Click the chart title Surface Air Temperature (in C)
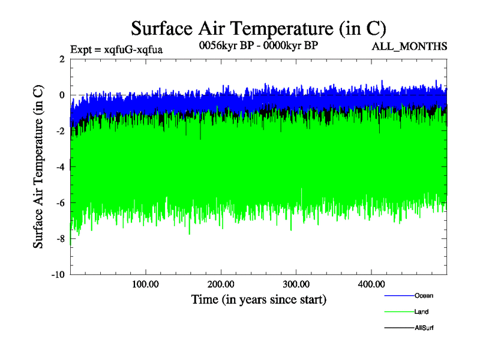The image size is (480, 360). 258,28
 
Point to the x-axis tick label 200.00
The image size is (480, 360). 221,283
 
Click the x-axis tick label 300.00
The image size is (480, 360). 296,283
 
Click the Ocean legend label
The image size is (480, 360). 424,296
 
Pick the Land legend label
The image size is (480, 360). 421,312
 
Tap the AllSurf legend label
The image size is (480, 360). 424,328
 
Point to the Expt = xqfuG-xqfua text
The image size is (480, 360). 116,49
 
